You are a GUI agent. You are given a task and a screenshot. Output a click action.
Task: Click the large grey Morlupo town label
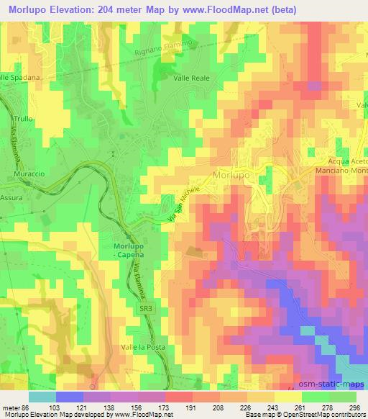(235, 175)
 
